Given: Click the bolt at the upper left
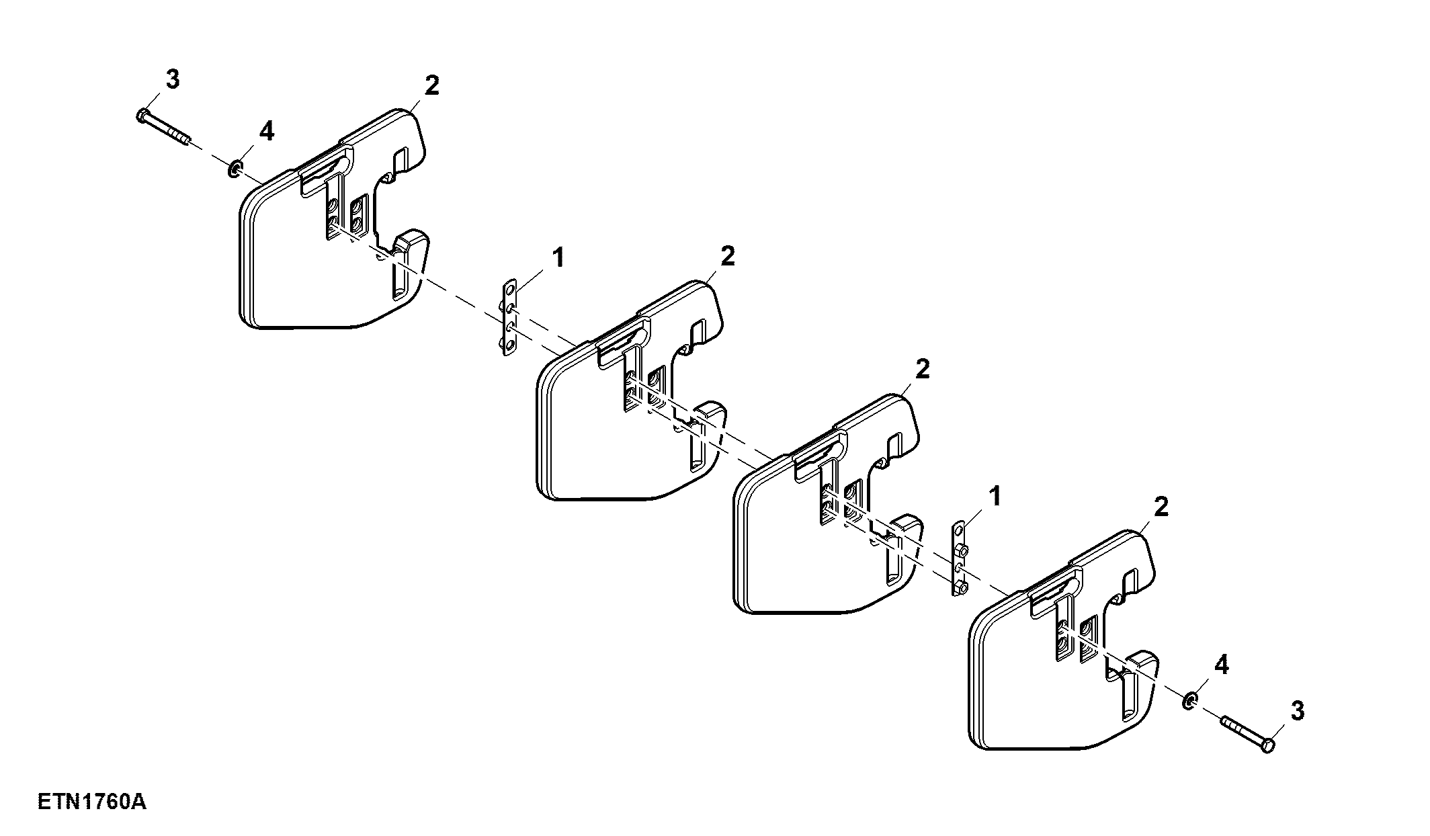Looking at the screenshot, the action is coord(163,128).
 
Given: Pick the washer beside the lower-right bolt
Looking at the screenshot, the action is coord(1189,702).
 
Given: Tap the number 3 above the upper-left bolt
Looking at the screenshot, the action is coord(173,80).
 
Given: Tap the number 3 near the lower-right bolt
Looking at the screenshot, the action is coord(1297,710).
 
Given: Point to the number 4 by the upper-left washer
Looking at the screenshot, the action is coord(267,132).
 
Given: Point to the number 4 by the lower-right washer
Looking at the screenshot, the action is coord(1221,665).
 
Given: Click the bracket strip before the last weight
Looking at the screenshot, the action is coord(959,559).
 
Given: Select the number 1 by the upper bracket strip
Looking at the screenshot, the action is coord(558,257).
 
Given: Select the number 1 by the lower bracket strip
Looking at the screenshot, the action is coord(995,497).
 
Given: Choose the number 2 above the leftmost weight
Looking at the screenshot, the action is coord(431,86).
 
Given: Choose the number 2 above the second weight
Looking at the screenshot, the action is coord(727,256).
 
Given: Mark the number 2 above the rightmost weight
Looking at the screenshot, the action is coord(1161,507).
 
